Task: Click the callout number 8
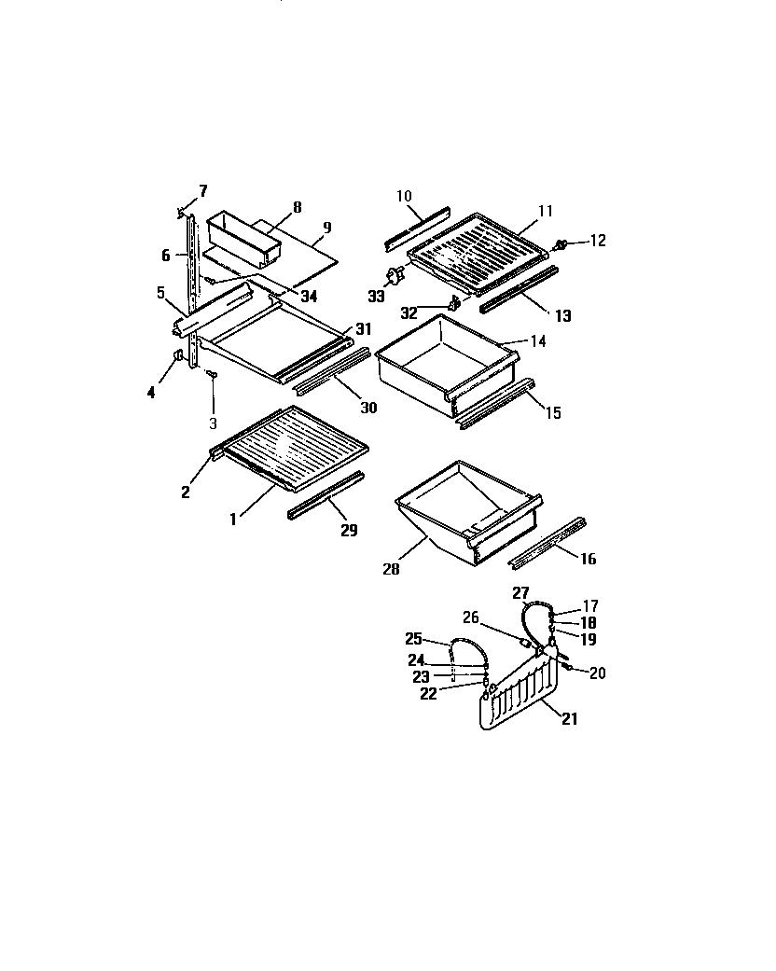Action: [297, 208]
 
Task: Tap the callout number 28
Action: [391, 568]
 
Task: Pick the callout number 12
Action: [597, 241]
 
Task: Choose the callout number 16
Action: [588, 559]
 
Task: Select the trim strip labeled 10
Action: [417, 229]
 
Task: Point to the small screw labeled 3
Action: [212, 374]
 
